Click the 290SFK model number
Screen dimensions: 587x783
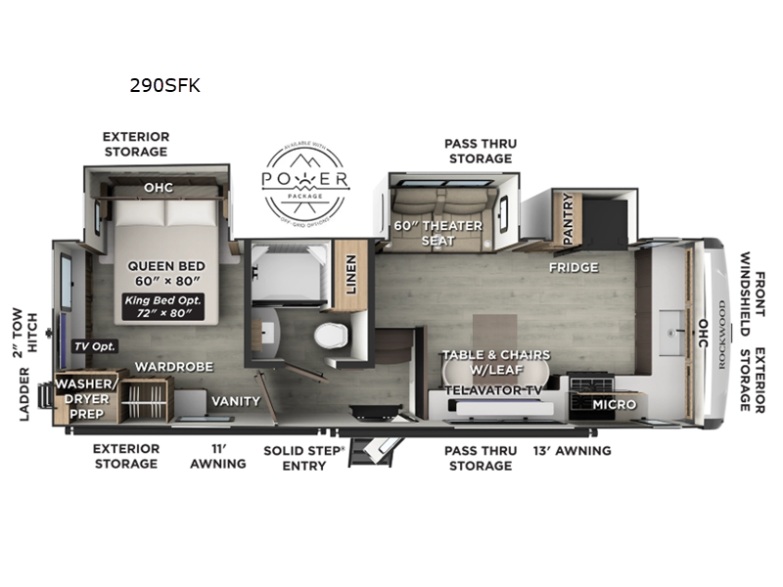pos(164,85)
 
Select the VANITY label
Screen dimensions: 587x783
pos(236,401)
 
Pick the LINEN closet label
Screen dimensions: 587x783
pos(350,274)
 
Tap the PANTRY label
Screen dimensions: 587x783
pos(565,221)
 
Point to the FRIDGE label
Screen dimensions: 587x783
pos(573,267)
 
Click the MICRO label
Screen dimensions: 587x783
pos(614,404)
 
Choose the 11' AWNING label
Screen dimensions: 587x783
pos(218,457)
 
